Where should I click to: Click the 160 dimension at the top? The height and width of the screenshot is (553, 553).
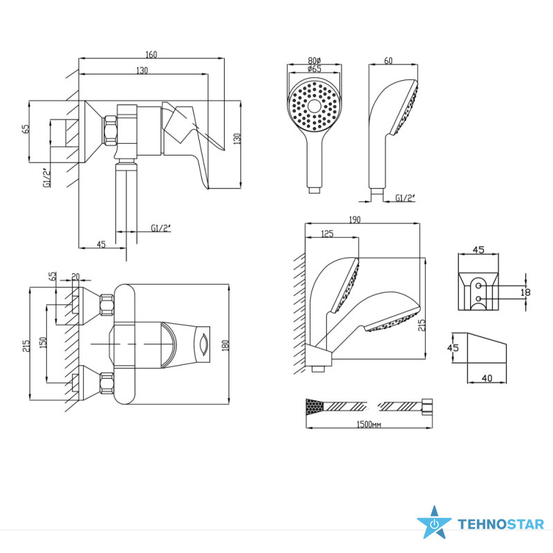(151, 55)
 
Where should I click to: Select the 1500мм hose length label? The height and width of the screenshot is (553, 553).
(368, 424)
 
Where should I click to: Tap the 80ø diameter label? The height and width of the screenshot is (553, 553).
(315, 60)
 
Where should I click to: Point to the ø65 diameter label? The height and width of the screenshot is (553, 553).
(315, 68)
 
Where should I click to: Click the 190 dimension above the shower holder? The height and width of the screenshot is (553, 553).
(355, 219)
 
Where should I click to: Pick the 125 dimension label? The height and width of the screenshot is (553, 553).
(327, 234)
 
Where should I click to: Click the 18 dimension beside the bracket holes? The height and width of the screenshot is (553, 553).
(525, 292)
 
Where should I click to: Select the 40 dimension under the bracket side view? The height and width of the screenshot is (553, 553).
(487, 378)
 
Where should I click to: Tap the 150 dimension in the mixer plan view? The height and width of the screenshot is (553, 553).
(43, 342)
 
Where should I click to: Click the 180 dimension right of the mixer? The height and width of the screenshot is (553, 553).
(226, 345)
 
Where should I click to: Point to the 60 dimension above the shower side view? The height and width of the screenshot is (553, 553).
(388, 61)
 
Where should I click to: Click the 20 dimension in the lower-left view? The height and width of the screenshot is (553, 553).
(75, 276)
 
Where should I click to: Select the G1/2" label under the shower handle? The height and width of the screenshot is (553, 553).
(405, 198)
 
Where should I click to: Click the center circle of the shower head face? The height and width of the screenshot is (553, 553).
(314, 106)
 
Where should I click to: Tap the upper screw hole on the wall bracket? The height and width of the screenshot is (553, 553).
(478, 285)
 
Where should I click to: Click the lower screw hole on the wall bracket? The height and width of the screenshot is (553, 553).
(478, 299)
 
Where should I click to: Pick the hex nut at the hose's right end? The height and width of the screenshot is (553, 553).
(427, 406)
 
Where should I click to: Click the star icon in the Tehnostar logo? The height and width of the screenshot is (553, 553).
(434, 523)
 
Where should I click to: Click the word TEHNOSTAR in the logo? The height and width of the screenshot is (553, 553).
(500, 524)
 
